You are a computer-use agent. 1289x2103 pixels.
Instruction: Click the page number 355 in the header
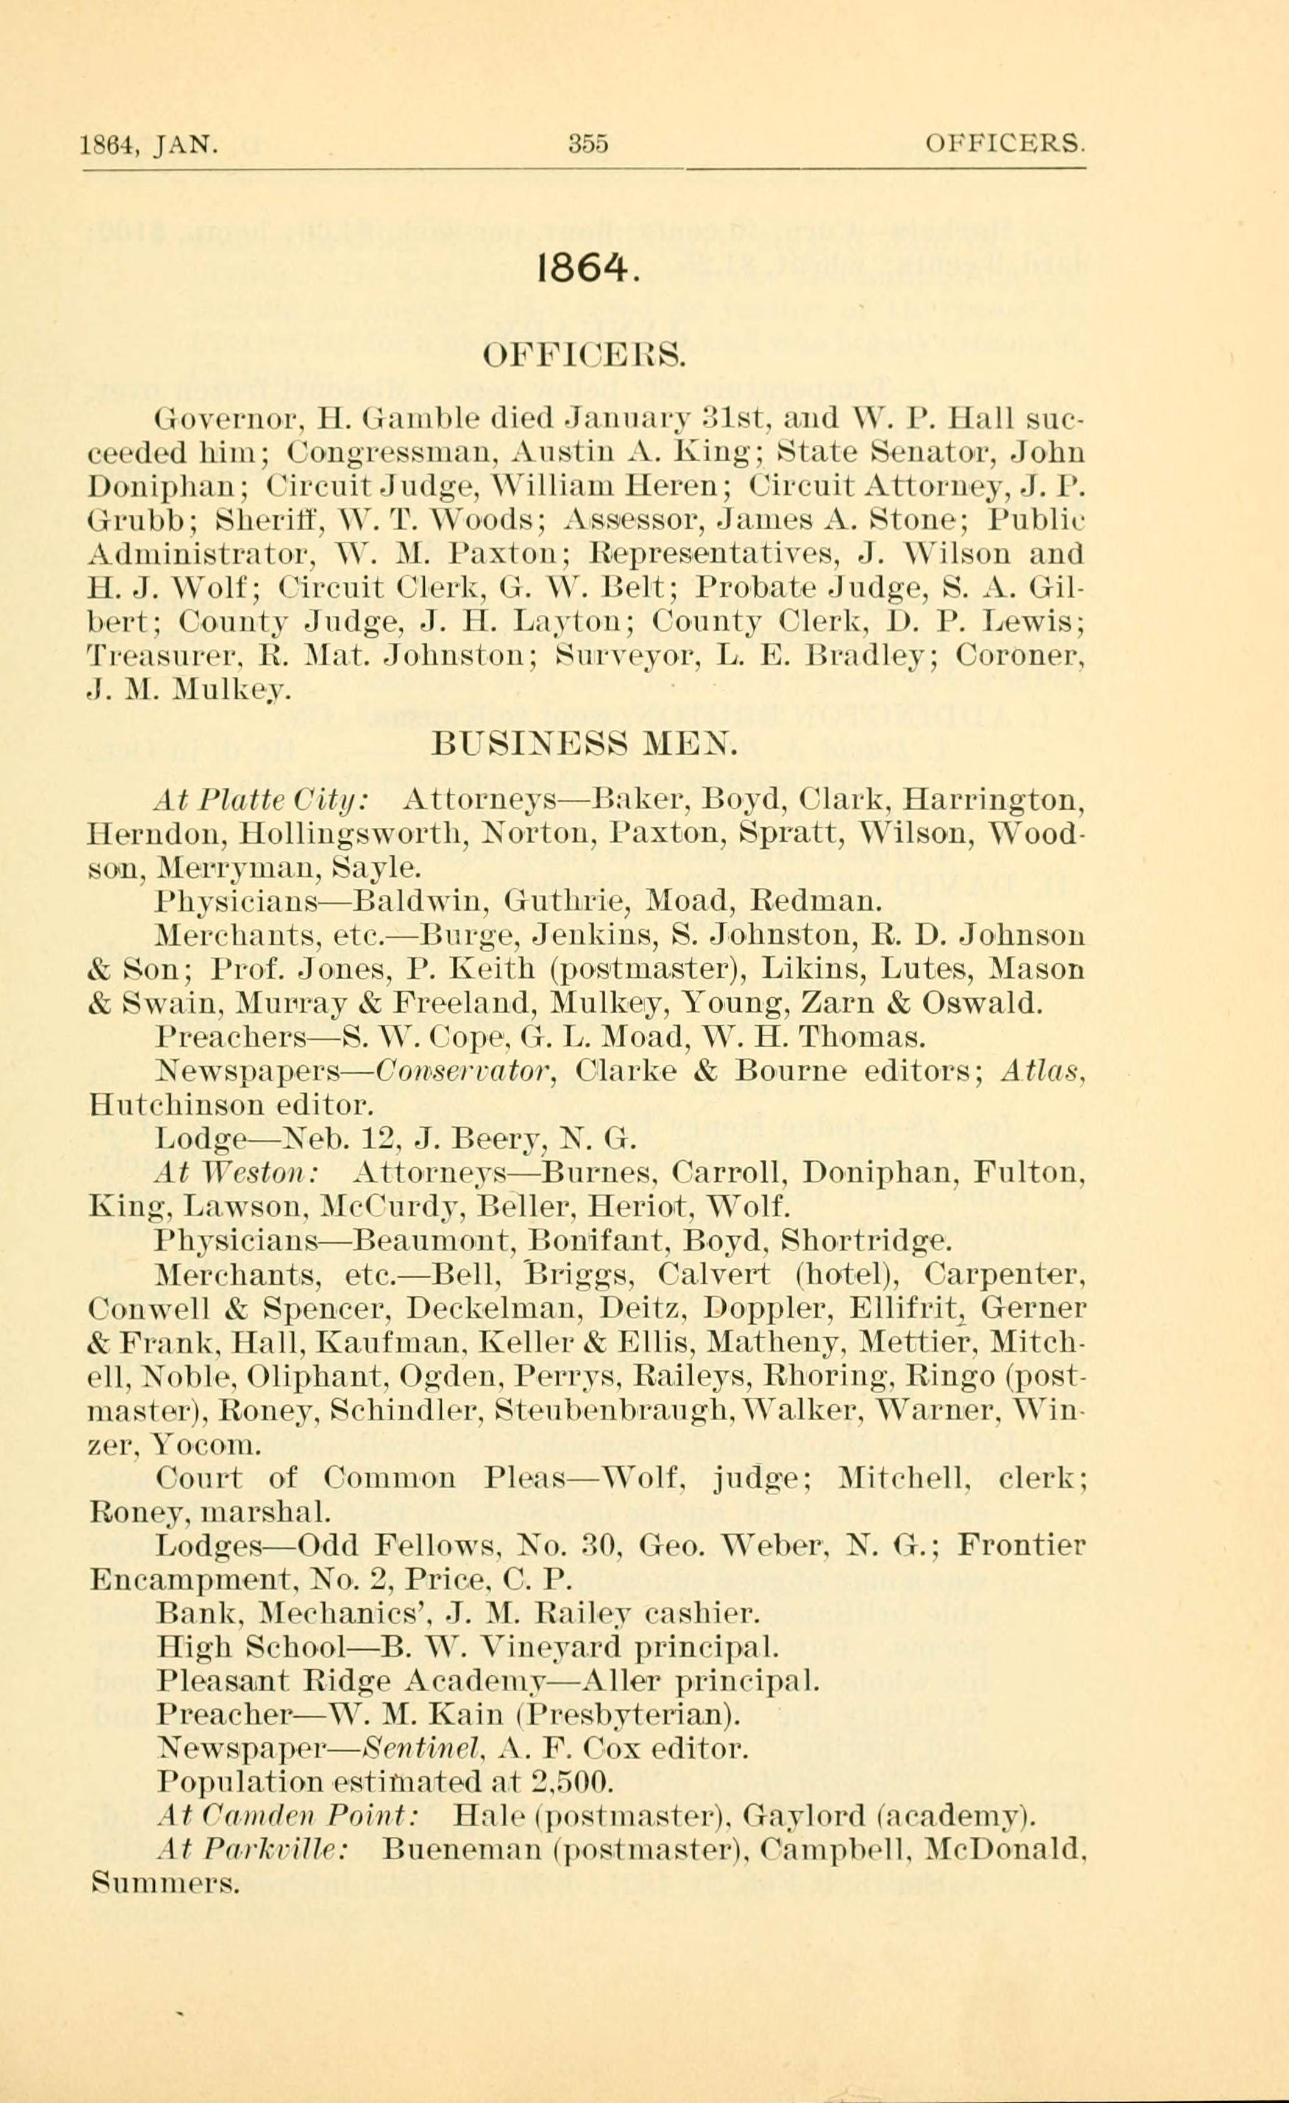pyautogui.click(x=588, y=143)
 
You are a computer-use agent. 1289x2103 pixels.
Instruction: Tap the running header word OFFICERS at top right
pyautogui.click(x=1006, y=143)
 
